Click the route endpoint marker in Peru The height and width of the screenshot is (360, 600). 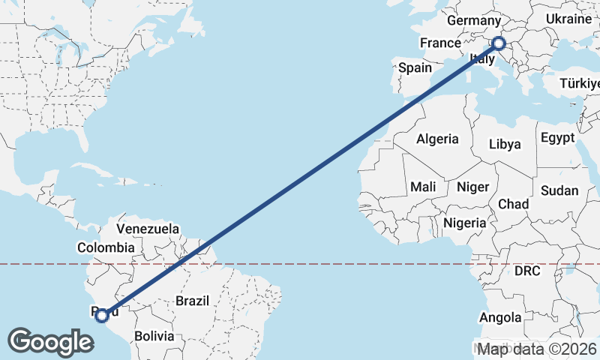pos(102,315)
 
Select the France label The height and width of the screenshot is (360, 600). pos(439,43)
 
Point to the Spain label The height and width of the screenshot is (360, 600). pos(415,67)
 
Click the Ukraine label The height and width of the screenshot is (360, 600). pos(568,18)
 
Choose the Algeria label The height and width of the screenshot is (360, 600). pos(437,139)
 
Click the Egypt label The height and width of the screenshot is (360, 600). pos(556,138)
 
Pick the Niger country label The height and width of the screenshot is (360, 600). pos(472,187)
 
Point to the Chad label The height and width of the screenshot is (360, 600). pos(513,204)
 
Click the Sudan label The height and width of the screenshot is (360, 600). pos(559,190)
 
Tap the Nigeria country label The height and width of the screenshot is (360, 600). pos(465,223)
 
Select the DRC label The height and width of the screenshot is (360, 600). pos(528,270)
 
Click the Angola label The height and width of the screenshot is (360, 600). pos(499,318)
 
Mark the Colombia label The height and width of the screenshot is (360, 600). pos(106,247)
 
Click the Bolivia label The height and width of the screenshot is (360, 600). pos(154,336)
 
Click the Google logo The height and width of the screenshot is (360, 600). pos(51,341)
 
